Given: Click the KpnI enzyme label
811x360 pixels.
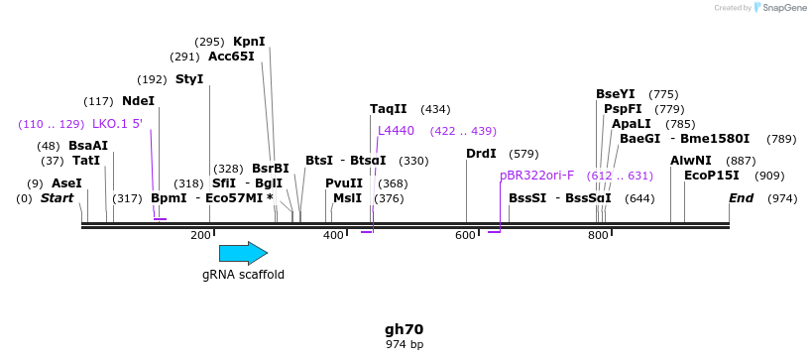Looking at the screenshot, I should point(249,42).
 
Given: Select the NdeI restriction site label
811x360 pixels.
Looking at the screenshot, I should point(138,101).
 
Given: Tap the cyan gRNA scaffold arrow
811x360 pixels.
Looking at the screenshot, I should point(243,253).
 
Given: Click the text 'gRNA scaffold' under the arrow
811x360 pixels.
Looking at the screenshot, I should point(243,275).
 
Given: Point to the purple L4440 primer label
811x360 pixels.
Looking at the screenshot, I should point(396,131).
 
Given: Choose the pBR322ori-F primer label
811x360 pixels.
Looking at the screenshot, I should point(536,176).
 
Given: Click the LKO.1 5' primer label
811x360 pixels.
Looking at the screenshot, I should point(117,124).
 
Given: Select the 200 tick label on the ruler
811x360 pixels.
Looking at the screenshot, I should point(200,235).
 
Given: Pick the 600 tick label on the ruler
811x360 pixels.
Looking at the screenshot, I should point(465,235).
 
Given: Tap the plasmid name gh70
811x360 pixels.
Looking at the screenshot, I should point(405,328).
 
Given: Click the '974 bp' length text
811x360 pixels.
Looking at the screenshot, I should point(405,344).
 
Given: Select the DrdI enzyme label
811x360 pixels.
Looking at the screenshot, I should point(481,154).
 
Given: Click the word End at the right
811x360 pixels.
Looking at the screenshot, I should point(741,198).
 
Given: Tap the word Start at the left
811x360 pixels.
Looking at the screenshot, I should point(58,198).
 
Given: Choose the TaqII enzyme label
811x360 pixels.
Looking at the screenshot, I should point(388,109).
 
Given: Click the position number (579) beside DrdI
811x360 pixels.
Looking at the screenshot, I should point(523,154).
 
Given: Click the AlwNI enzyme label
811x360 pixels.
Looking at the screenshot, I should point(690,161).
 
